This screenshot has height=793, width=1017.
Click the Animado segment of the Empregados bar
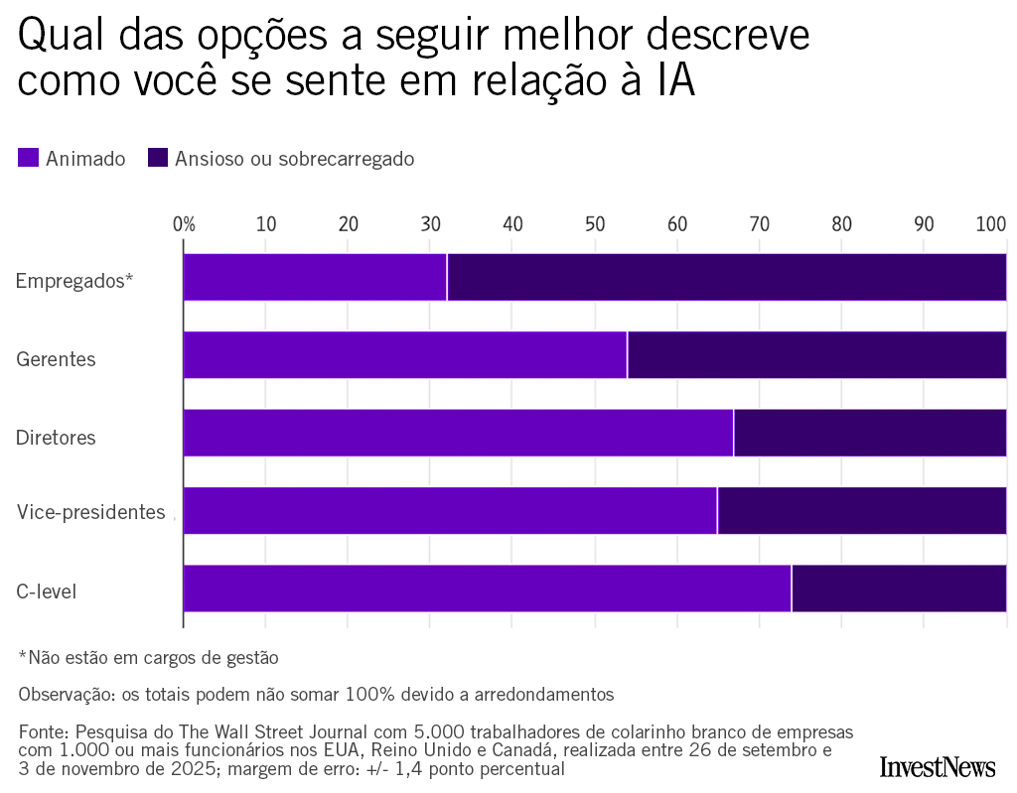(x=315, y=277)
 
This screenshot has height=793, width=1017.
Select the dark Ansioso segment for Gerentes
(x=816, y=355)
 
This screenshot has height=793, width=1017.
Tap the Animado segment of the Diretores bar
(x=458, y=433)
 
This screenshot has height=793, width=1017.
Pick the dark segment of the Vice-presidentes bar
(x=861, y=510)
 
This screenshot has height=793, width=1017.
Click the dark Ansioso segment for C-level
(x=899, y=589)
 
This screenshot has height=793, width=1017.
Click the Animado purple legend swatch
(x=28, y=158)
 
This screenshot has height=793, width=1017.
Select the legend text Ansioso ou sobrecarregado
(x=294, y=159)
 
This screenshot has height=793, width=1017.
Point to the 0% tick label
(x=184, y=224)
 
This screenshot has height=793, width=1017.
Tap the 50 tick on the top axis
(x=595, y=224)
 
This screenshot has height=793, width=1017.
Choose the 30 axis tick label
(x=430, y=224)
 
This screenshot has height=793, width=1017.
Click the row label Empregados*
(x=73, y=281)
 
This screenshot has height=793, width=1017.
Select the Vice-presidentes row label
(x=90, y=512)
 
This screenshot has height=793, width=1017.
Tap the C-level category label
(x=46, y=593)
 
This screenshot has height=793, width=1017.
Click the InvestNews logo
(x=937, y=766)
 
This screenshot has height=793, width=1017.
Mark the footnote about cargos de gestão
(x=148, y=657)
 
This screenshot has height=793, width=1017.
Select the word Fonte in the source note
(x=42, y=732)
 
